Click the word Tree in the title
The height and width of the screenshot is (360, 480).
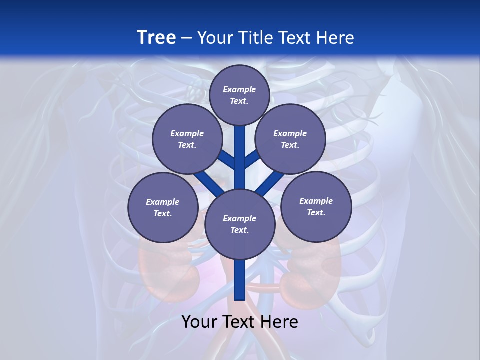[x=156, y=37]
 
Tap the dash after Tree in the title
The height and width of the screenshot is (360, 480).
[x=186, y=38]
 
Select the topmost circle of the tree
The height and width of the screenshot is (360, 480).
[x=239, y=95]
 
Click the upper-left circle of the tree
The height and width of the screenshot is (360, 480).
[x=187, y=139]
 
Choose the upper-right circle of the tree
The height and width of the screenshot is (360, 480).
[x=290, y=139]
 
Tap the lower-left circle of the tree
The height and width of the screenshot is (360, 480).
[x=162, y=207]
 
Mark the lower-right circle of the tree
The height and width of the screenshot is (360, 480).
[x=316, y=206]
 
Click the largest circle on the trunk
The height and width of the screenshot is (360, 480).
[x=240, y=224]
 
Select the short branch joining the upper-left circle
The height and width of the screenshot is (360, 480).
[x=226, y=159]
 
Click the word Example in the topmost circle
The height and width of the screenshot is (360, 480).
[x=239, y=89]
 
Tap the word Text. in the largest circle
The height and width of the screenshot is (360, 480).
[x=239, y=230]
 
